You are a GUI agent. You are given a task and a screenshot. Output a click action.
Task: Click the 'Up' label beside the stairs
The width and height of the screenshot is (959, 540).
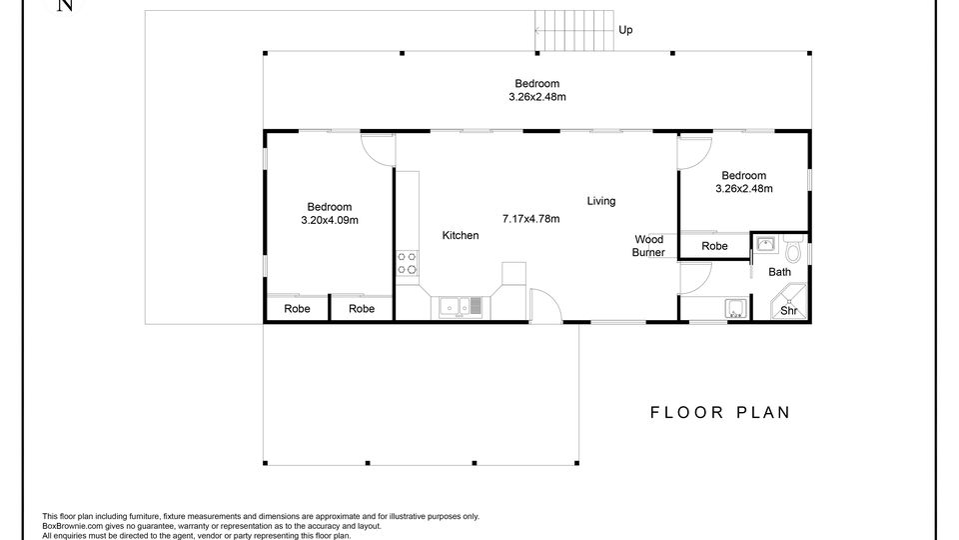pos(625,30)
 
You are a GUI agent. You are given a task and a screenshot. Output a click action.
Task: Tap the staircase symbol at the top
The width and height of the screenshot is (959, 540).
pos(573,31)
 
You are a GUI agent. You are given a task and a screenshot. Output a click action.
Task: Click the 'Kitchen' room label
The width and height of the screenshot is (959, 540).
pos(461,235)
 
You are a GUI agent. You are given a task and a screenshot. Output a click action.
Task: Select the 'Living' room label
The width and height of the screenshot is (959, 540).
pos(601,201)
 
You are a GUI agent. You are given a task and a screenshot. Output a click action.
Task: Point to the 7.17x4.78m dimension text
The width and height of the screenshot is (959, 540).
pos(530,219)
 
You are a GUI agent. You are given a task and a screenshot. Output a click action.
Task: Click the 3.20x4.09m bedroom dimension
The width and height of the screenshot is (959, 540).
pos(330,220)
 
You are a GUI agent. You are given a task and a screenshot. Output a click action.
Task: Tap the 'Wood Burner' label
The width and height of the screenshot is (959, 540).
pos(648,246)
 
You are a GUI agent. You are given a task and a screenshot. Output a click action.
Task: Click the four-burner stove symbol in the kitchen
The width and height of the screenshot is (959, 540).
pos(408,263)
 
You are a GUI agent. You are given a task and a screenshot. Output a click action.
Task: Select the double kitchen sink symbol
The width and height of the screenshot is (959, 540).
pos(461,306)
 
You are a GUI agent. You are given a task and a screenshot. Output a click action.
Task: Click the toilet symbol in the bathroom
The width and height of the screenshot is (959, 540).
pos(793,249)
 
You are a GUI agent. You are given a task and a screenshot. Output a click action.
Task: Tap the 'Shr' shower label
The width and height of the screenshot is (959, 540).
pos(789,310)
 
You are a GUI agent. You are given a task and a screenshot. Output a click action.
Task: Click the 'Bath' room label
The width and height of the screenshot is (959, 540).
pos(780,272)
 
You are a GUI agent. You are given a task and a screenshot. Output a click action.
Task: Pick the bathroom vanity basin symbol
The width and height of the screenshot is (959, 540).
pos(765,245)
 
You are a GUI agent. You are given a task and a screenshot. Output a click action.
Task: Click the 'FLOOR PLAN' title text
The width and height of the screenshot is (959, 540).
pos(720,413)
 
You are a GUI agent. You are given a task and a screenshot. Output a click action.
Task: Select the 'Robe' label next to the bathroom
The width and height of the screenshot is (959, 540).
pos(714,246)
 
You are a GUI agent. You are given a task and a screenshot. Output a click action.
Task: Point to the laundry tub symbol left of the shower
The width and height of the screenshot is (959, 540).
pos(736,308)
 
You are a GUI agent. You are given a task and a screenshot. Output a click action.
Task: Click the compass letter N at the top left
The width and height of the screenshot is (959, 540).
pos(65,5)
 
